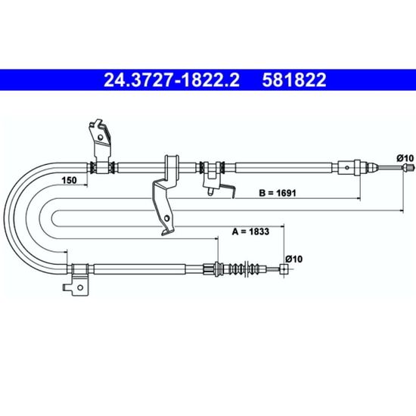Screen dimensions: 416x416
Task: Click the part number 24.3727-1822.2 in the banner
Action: pos(172,80)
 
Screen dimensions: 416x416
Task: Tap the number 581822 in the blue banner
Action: pos(294,80)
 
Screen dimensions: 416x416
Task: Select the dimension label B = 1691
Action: pos(278,193)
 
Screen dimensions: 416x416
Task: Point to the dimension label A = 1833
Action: pos(250,231)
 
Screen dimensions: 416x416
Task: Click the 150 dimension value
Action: pos(69,181)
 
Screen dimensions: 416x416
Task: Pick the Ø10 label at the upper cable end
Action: pos(405,158)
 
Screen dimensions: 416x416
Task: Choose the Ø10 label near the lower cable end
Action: pos(294,259)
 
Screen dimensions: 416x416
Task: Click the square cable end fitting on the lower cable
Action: pos(284,269)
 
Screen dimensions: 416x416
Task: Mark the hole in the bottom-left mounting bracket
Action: pos(80,287)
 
